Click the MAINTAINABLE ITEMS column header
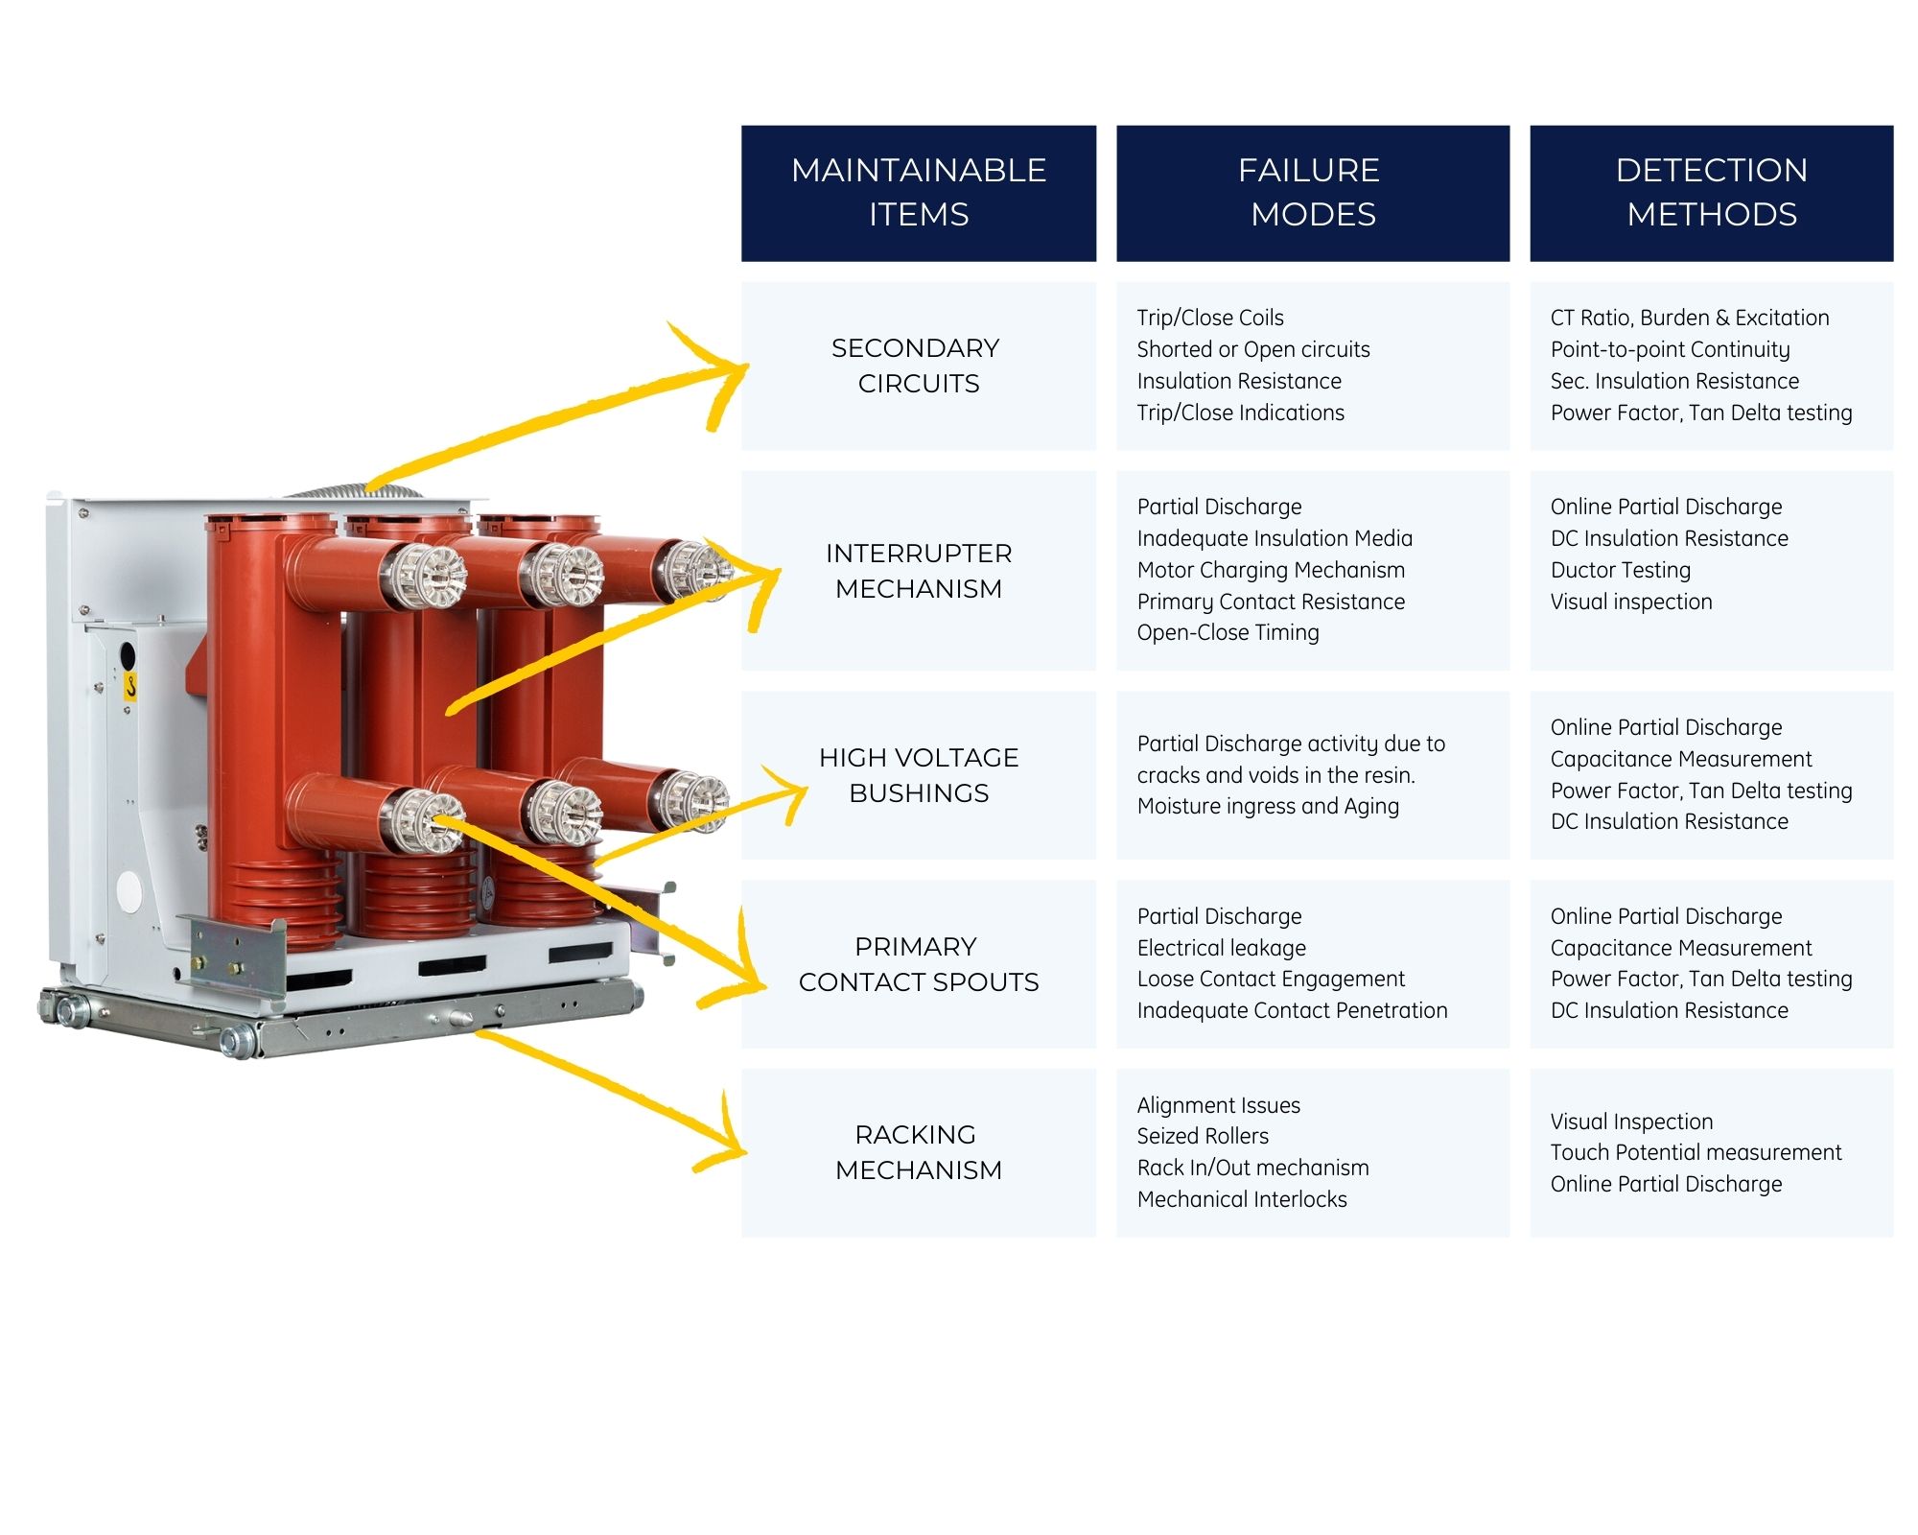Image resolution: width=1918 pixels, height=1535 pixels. click(918, 192)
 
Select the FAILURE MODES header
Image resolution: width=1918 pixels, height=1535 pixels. click(1312, 192)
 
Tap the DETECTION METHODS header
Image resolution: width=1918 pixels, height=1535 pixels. click(1711, 192)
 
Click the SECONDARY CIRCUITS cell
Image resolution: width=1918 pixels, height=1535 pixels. click(918, 366)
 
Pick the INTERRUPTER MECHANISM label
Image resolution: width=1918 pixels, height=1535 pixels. click(918, 571)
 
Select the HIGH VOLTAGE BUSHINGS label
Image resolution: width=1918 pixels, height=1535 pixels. click(918, 775)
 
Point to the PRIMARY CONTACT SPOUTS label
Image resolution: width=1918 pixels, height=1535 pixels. click(918, 964)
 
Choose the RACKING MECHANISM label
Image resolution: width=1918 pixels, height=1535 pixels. click(918, 1152)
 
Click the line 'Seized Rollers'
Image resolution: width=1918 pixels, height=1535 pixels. click(1203, 1137)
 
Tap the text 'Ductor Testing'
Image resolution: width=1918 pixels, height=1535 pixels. click(1620, 570)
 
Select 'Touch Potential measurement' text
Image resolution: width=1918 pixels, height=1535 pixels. click(1696, 1152)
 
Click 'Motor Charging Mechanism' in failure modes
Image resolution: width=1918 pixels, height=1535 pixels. click(1271, 570)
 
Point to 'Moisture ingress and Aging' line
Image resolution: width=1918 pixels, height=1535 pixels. click(1268, 806)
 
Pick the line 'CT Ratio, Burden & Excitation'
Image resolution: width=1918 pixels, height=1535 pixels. click(1689, 318)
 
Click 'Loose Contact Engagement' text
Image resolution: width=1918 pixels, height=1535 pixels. click(1271, 979)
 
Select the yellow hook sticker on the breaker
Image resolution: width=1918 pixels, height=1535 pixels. click(130, 686)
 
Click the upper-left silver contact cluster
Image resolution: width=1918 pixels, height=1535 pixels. click(424, 576)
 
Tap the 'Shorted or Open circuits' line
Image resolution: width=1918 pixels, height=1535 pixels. click(1252, 349)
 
